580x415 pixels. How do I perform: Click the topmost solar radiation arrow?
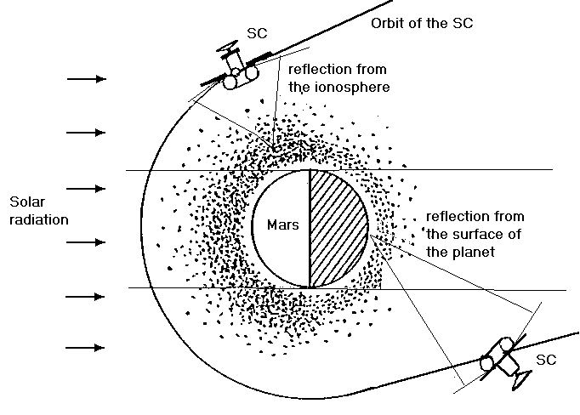click(88, 79)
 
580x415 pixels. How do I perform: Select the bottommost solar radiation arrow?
click(88, 348)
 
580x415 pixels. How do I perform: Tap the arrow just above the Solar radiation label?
click(88, 188)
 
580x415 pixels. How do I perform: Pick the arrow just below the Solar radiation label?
click(88, 242)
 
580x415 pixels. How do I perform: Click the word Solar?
click(26, 202)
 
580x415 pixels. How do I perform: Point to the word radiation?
click(39, 219)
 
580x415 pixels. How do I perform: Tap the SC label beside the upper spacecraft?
click(258, 32)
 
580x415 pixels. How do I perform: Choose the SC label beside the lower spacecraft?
click(546, 360)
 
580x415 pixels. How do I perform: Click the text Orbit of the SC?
click(421, 22)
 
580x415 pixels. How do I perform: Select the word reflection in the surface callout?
click(455, 216)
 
